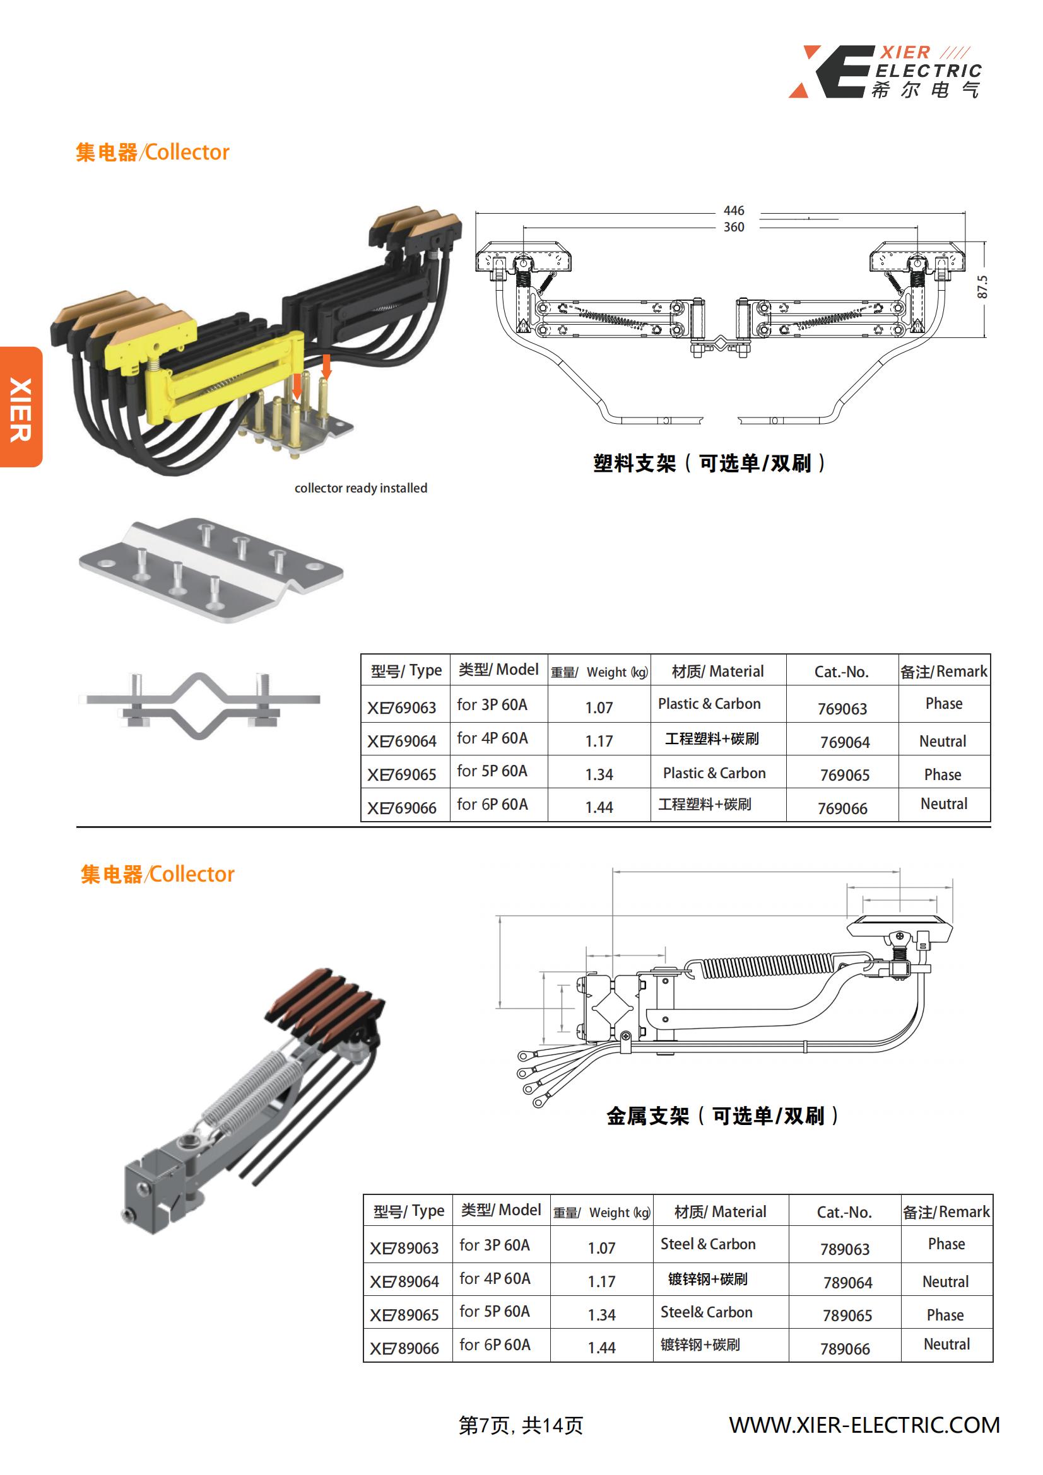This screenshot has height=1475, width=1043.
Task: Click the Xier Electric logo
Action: pyautogui.click(x=885, y=71)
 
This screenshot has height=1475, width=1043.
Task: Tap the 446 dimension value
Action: pyautogui.click(x=733, y=211)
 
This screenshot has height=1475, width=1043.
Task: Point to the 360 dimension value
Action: pyautogui.click(x=733, y=227)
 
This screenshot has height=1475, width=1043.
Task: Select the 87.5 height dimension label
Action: pyautogui.click(x=982, y=287)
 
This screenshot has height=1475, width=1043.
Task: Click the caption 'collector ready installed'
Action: pyautogui.click(x=360, y=488)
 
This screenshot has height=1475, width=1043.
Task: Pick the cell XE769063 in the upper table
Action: pyautogui.click(x=402, y=708)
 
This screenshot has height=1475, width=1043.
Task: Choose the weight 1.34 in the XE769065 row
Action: pyautogui.click(x=599, y=774)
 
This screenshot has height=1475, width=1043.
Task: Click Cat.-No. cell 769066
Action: pyautogui.click(x=842, y=808)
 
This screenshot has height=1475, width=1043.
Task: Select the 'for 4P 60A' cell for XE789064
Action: pyautogui.click(x=495, y=1278)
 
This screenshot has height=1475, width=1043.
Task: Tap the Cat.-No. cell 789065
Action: pyautogui.click(x=847, y=1315)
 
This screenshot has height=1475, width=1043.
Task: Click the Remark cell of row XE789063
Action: pyautogui.click(x=946, y=1244)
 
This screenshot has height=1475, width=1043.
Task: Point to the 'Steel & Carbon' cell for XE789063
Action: pyautogui.click(x=707, y=1244)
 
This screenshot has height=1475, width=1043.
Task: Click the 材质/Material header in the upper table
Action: pyautogui.click(x=717, y=672)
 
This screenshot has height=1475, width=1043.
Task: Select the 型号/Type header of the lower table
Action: pyautogui.click(x=409, y=1211)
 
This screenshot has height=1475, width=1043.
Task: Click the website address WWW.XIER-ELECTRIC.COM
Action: pyautogui.click(x=864, y=1425)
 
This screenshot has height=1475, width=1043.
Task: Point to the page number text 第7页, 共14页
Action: pyautogui.click(x=521, y=1426)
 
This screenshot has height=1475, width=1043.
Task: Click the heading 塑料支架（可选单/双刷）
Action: pyautogui.click(x=709, y=463)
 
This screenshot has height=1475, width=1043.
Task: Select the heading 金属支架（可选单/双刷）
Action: pyautogui.click(x=722, y=1116)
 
